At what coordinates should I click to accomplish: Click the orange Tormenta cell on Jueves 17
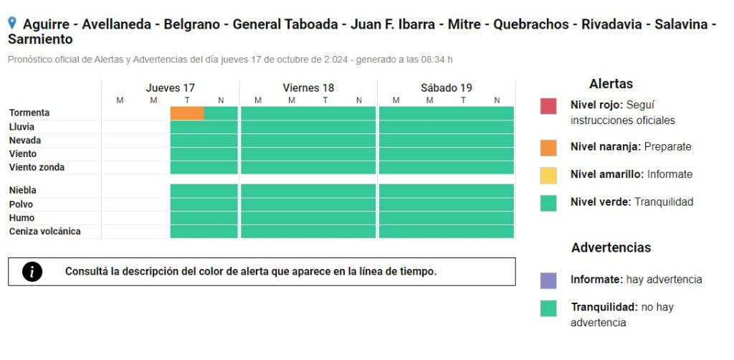187,113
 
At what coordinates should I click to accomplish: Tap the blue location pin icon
12,22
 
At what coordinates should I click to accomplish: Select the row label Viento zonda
37,168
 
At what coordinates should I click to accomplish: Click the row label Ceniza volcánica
45,231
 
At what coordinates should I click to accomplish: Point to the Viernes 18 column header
308,88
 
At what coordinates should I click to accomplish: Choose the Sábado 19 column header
447,88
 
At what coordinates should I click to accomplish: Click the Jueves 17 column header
171,88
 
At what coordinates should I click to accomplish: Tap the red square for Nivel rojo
548,106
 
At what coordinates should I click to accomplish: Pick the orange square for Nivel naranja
548,148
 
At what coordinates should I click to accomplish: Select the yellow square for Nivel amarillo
548,176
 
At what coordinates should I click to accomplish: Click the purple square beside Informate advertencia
548,280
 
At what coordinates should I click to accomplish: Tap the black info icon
32,272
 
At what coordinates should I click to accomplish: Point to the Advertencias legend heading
611,247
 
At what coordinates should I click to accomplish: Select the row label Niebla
22,191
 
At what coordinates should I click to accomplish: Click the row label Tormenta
29,113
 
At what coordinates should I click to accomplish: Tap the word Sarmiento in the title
40,39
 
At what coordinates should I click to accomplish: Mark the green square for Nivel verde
548,203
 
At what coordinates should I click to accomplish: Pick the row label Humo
22,218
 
